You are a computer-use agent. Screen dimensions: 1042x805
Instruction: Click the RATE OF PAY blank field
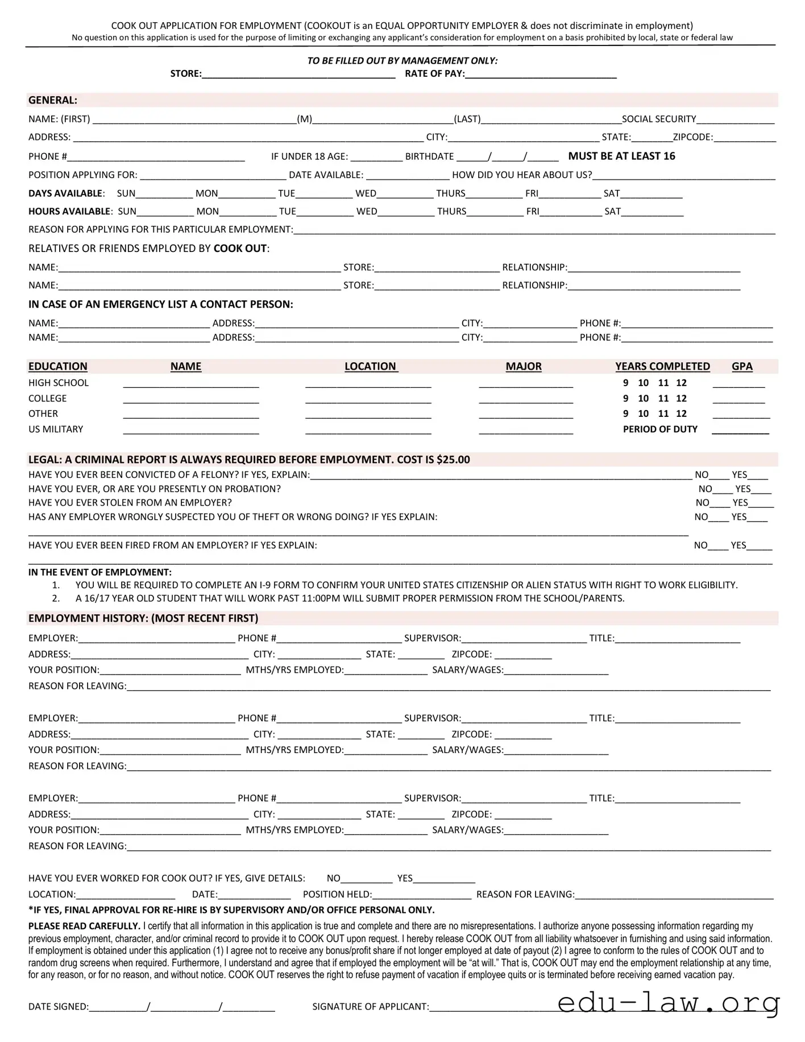coord(540,74)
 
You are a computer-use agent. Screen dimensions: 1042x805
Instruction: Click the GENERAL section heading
coord(53,101)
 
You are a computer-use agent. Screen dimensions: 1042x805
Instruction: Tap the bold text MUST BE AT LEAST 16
coord(621,156)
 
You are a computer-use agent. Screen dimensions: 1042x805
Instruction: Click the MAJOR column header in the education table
coord(523,367)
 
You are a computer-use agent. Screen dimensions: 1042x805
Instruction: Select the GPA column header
coord(741,367)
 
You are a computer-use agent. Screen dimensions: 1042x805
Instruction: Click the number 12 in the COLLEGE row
coord(681,399)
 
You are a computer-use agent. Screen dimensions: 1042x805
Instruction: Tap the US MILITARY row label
coord(56,429)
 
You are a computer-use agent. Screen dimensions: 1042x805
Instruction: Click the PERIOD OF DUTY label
coord(659,429)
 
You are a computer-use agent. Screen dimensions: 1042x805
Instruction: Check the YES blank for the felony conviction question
coord(758,475)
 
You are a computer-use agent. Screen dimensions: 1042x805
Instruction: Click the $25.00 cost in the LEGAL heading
coord(453,460)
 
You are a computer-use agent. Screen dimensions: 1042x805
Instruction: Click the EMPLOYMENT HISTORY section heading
coord(143,619)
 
